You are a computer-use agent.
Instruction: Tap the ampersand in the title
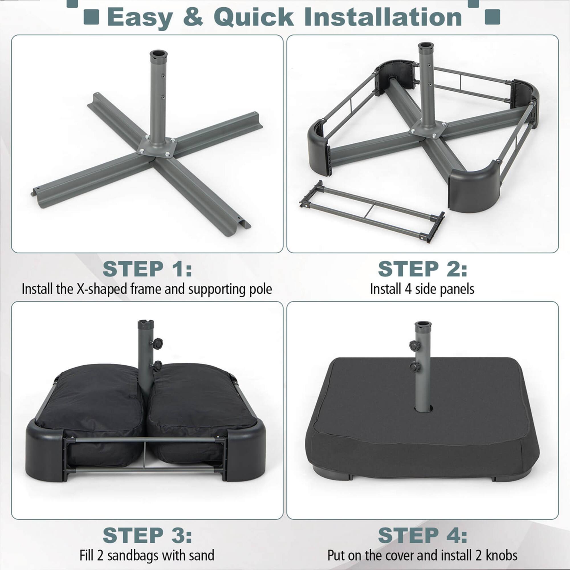(193, 17)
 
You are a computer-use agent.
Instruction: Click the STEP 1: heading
(147, 269)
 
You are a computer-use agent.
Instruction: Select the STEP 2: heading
(422, 269)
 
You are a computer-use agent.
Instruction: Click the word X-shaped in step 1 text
(102, 289)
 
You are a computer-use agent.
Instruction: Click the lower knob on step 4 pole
(414, 367)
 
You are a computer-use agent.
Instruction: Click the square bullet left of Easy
(91, 17)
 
